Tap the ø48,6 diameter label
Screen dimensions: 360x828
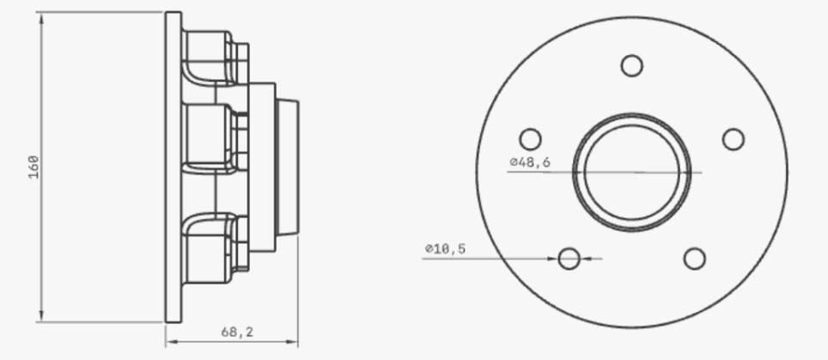tap(530, 162)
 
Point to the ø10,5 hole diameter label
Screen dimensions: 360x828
tap(445, 248)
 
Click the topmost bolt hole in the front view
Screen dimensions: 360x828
tap(631, 65)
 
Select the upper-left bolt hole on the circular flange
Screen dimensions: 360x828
tap(531, 139)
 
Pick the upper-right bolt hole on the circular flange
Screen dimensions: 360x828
tap(733, 139)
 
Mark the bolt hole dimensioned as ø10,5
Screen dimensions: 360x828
tap(569, 258)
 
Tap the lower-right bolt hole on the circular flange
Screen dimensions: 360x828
tap(694, 258)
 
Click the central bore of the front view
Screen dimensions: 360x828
tap(632, 172)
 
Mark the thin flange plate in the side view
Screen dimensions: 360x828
tap(173, 167)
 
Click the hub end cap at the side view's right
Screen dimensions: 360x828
tap(287, 168)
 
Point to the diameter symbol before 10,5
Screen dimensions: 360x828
tap(427, 248)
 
